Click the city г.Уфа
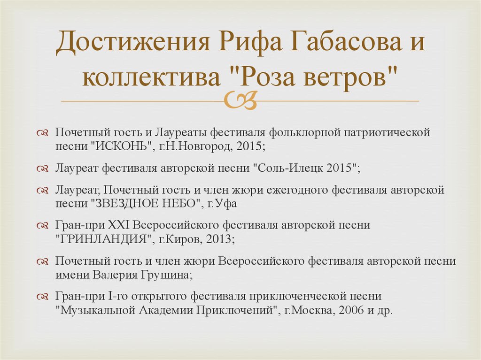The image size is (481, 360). point(223,204)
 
